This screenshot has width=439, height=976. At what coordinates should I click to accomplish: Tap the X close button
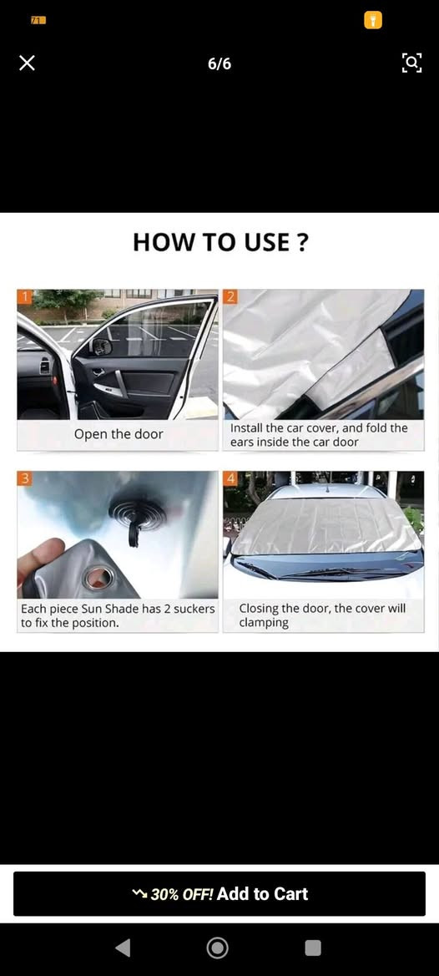pos(27,63)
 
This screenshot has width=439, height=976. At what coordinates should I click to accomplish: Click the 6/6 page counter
pos(219,64)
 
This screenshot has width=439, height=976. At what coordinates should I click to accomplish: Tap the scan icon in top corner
pos(411,63)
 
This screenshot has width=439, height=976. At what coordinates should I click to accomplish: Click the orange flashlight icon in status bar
pos(373,21)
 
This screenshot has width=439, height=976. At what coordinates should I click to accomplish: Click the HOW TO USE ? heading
pos(220,242)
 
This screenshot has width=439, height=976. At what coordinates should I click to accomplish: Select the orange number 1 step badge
pos(24,297)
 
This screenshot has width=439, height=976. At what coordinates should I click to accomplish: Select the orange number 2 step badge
pos(230,297)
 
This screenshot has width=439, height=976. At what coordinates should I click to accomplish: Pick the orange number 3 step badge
pos(24,478)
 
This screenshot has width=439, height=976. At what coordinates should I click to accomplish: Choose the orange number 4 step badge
pos(230,478)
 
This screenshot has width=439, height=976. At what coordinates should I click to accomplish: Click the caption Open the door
pos(119,434)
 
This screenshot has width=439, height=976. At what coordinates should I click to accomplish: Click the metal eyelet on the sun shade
pos(95,577)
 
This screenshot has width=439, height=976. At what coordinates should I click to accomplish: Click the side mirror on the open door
pos(101,346)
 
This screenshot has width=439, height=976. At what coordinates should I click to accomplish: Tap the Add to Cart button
pos(219,894)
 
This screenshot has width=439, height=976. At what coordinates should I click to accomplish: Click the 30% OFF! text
pos(182,894)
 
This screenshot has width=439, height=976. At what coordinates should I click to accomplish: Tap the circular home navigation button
pos(217,948)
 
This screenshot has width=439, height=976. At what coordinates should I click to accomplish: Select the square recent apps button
pos(313,948)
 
